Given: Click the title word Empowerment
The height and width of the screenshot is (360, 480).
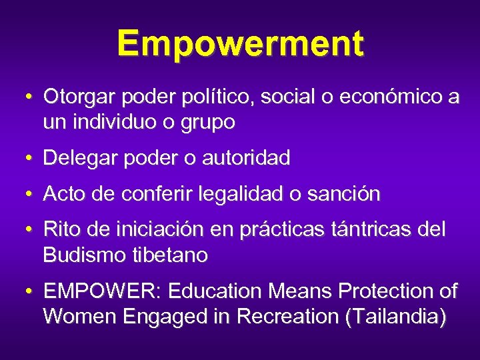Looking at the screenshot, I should coord(240,44).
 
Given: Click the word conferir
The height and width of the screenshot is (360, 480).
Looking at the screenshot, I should coord(153,194).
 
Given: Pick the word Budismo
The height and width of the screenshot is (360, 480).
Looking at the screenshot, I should coord(81,255).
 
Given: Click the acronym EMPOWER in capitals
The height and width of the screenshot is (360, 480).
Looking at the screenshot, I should coord(103,291).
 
